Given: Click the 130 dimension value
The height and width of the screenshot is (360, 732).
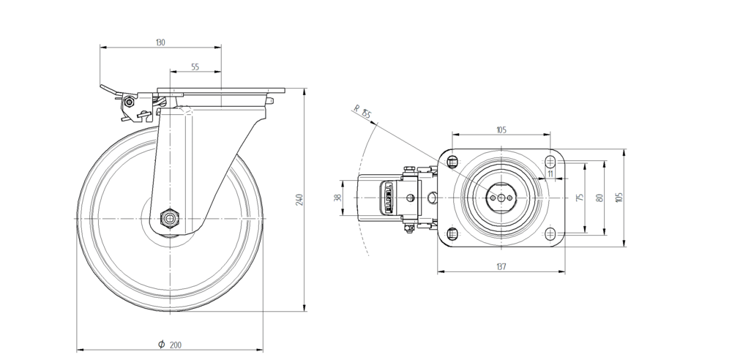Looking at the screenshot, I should (160, 43).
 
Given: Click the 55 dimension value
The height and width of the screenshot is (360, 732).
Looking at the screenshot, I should (195, 67).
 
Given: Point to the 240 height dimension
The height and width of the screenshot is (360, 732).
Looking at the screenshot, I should (299, 200).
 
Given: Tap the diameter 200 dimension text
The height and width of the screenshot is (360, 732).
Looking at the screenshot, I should (176, 344).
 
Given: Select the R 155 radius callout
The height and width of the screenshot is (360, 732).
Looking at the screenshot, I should (362, 113).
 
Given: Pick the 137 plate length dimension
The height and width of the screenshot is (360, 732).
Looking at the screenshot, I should (501, 267).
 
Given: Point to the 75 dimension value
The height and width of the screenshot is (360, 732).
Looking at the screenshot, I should (580, 198).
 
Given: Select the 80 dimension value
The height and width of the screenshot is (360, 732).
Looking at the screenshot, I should (599, 198).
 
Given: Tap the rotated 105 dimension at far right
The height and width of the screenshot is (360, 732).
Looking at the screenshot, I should (619, 198).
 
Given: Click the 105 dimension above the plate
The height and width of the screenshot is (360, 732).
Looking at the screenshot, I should (501, 130).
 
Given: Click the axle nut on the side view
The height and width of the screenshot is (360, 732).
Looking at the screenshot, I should (169, 217).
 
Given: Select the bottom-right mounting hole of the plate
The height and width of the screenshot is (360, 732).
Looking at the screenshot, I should (550, 233).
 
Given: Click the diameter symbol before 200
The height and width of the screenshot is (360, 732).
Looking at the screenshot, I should (160, 344).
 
